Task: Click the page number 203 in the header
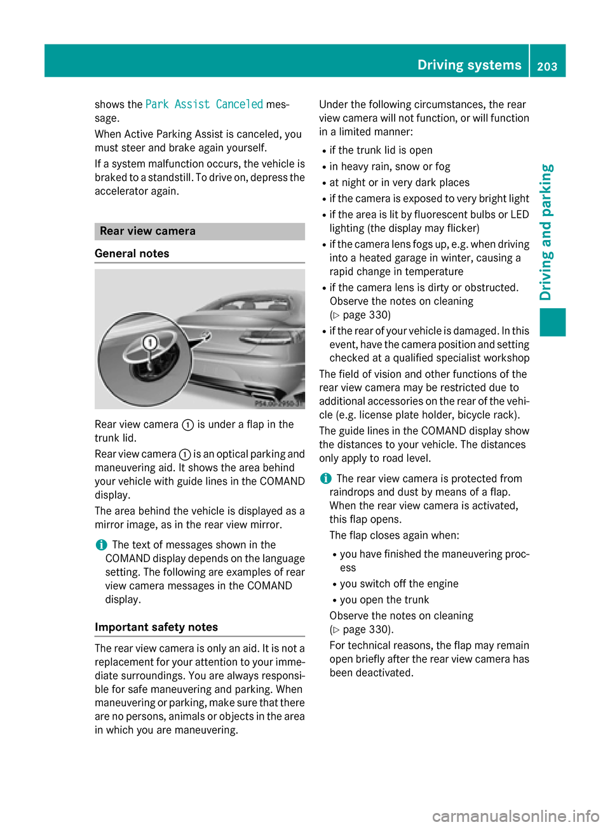pos(546,66)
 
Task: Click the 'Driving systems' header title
pos(469,65)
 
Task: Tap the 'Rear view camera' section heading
pos(147,231)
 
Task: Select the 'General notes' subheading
pos(132,253)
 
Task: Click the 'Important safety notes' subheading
pos(156,627)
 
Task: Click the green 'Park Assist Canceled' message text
pos(204,104)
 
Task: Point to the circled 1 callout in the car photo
pos(150,343)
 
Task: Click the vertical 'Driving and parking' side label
pos(546,232)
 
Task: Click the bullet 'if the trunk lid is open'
pos(381,151)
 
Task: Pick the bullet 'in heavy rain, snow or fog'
pos(390,166)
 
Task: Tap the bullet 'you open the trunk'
pos(384,600)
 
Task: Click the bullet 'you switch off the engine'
pos(399,584)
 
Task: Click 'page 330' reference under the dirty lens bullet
pos(366,315)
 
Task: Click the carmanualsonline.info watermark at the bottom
pos(515,816)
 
